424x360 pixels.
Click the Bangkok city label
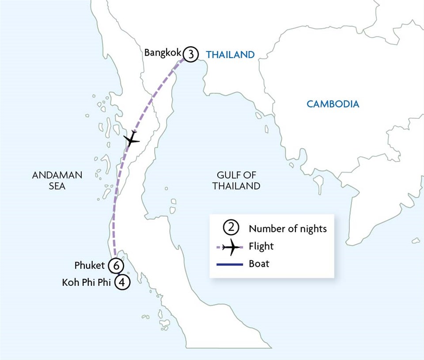pos(162,53)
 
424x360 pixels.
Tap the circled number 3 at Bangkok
pos(190,54)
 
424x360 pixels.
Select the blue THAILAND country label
pos(230,55)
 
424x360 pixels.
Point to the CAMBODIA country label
pos(333,104)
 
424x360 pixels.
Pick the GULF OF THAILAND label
pos(236,180)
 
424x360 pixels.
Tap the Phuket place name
pos(90,265)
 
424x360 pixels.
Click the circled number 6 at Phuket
pos(116,266)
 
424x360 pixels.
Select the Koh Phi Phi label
pos(86,282)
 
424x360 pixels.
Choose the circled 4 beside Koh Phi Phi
pos(122,282)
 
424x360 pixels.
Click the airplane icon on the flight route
pos(131,140)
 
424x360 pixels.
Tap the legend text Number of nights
pos(288,229)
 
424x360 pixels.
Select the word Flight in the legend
pos(261,247)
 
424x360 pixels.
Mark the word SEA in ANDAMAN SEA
pos(57,186)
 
